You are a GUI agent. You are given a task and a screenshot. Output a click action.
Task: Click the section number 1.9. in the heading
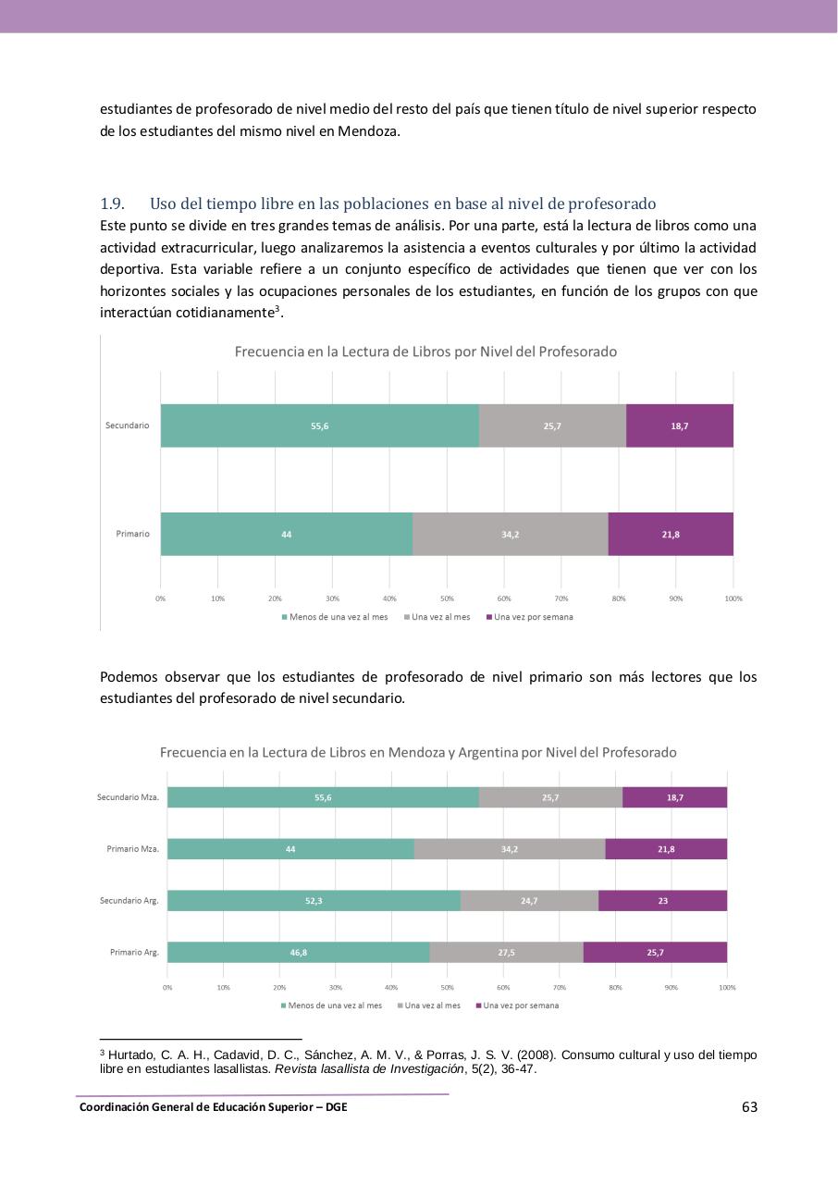[x=112, y=203]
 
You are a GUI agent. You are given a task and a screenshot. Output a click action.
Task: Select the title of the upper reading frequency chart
[x=425, y=351]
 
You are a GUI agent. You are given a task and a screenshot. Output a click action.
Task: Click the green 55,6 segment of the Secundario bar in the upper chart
[x=319, y=425]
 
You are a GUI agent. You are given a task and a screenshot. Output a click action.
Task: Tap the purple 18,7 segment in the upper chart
[x=679, y=425]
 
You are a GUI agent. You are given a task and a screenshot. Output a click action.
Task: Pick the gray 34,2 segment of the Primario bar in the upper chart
[x=510, y=534]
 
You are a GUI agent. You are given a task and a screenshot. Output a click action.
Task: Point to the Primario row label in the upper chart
[x=132, y=534]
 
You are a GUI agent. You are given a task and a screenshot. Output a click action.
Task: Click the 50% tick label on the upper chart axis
[x=447, y=598]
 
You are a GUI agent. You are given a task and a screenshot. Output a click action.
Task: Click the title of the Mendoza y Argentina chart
[x=418, y=752]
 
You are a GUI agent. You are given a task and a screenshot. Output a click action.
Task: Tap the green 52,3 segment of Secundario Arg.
[x=314, y=901]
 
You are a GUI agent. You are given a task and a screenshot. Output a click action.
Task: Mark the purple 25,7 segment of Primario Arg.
[x=655, y=952]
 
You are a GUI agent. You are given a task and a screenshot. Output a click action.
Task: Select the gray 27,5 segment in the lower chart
[x=506, y=952]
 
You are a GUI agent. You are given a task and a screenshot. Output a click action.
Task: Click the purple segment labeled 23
[x=662, y=901]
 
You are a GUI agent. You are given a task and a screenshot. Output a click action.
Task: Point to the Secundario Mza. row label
[x=128, y=797]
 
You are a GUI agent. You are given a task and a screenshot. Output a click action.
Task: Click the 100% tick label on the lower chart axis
[x=727, y=988]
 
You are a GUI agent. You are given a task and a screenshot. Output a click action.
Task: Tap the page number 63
[x=749, y=1107]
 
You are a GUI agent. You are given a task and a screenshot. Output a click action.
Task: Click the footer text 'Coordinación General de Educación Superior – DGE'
[x=214, y=1107]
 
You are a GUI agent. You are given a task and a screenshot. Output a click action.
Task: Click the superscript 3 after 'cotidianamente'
[x=277, y=308]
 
